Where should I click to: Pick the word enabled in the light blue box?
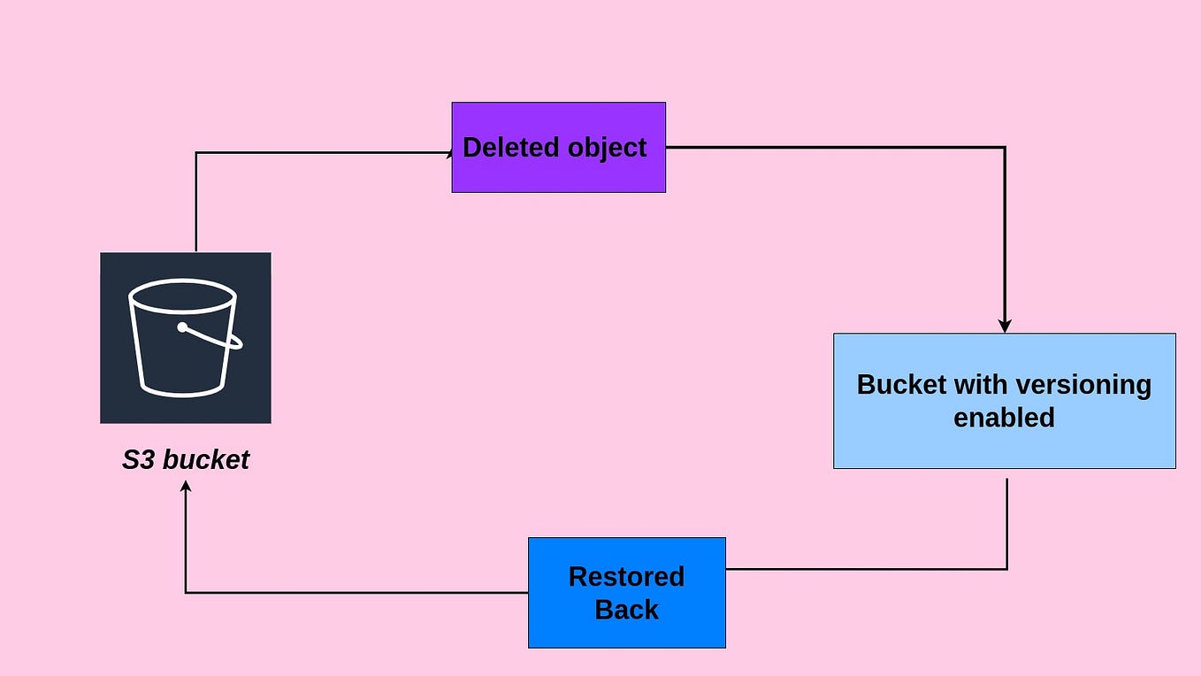[1004, 417]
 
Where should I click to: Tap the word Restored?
[626, 577]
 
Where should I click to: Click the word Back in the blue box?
[626, 610]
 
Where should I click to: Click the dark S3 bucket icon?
[185, 337]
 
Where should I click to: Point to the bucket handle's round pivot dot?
[182, 327]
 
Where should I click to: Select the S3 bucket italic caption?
[185, 460]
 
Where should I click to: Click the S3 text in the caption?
[138, 460]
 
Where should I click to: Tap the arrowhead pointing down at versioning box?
[1005, 326]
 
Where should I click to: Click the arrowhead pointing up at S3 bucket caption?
[186, 487]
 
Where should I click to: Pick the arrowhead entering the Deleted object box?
[448, 152]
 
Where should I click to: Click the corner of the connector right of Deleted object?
[1005, 148]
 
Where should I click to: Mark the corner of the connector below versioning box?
[1006, 569]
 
